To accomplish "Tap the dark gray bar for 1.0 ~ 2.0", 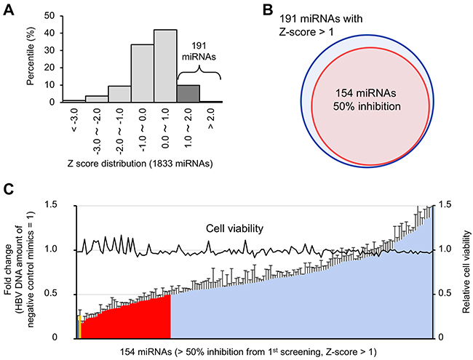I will coord(188,94).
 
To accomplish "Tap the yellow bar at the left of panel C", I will coord(79,327).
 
